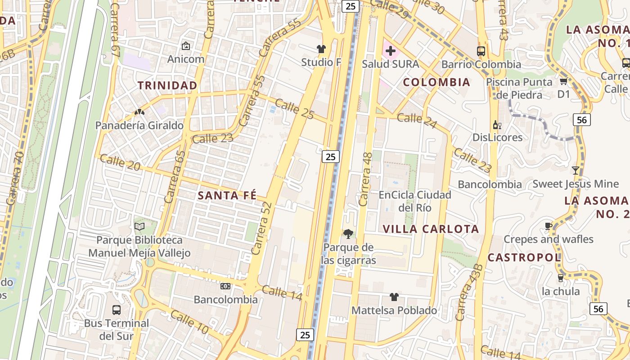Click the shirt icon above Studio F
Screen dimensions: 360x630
(x=321, y=49)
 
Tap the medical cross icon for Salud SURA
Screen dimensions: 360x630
(x=390, y=51)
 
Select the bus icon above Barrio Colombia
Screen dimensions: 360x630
(x=481, y=51)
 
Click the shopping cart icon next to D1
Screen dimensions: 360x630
(x=563, y=81)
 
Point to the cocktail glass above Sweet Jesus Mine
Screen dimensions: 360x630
(x=576, y=171)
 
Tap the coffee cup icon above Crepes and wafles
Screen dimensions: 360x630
(x=548, y=226)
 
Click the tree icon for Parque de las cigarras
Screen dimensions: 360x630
(x=348, y=234)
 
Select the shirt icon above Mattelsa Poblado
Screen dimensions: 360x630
(x=394, y=297)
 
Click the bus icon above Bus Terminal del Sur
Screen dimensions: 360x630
(x=117, y=310)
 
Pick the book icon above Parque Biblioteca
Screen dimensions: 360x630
(x=139, y=226)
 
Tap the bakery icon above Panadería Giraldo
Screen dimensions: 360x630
(x=139, y=112)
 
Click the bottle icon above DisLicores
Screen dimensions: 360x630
(x=497, y=124)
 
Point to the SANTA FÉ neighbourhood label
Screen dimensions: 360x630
(x=227, y=195)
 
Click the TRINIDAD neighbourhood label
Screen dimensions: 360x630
(x=167, y=85)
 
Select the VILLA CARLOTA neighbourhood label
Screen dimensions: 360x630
(x=431, y=229)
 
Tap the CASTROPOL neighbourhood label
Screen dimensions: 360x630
(x=524, y=257)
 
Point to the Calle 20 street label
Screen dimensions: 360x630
(x=120, y=163)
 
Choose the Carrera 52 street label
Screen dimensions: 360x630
(x=262, y=228)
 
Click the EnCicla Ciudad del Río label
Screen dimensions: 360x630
(x=415, y=201)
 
